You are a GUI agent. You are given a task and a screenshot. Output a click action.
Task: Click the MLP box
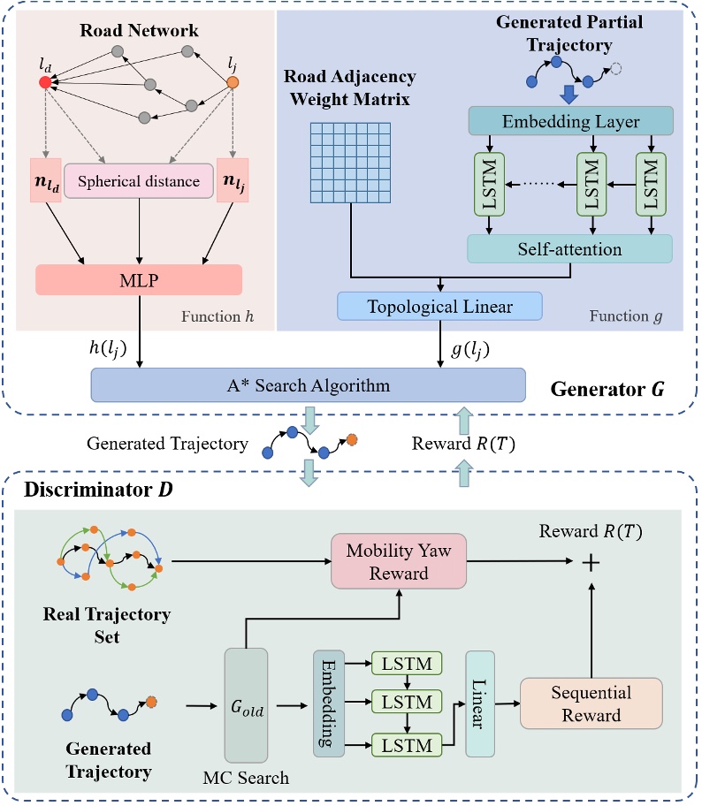point(139,279)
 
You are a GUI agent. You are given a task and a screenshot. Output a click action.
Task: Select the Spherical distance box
point(138,181)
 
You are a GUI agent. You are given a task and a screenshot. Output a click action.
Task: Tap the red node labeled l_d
point(45,82)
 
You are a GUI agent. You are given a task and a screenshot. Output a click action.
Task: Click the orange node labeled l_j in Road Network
point(233,82)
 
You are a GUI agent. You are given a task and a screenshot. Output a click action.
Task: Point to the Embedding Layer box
point(570,121)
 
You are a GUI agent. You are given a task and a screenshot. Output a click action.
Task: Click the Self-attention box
point(569,249)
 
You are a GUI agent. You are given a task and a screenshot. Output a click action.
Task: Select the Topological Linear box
point(438,307)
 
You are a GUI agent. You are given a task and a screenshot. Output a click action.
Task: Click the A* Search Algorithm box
point(308,385)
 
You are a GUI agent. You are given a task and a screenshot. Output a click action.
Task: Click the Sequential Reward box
point(591,703)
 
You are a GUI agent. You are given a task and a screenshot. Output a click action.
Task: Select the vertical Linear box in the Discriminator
point(481,704)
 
